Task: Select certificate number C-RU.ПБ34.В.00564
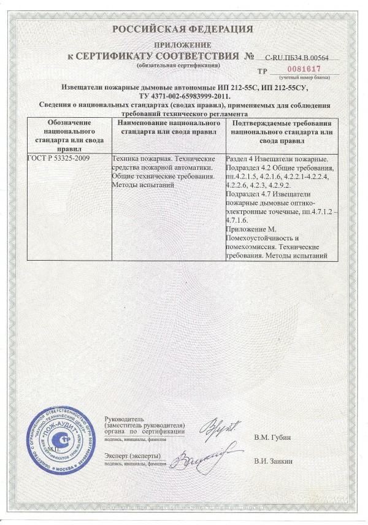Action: (x=297, y=57)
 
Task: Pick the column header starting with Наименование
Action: (x=167, y=127)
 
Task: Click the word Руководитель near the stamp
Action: (x=126, y=417)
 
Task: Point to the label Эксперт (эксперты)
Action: (x=133, y=456)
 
